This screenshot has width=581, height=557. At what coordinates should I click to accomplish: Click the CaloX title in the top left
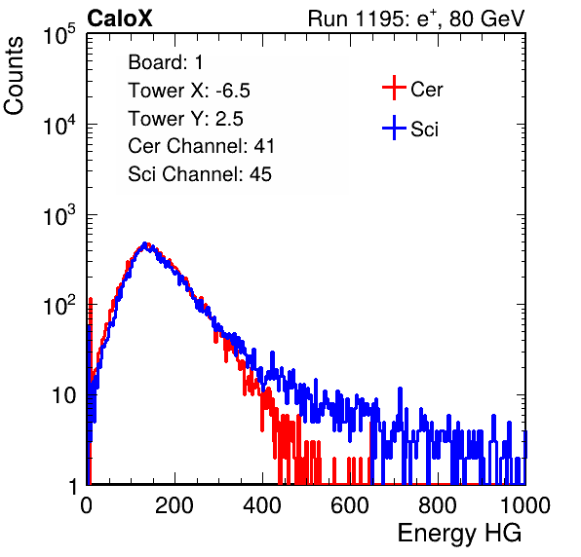(x=119, y=19)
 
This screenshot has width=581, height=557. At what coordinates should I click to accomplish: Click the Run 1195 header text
(x=416, y=19)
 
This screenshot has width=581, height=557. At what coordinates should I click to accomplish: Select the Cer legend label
(x=426, y=90)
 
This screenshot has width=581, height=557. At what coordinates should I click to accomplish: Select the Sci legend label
(x=425, y=130)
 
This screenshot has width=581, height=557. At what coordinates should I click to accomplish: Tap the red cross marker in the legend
(x=394, y=88)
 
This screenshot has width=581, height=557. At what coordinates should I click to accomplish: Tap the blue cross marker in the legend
(x=394, y=128)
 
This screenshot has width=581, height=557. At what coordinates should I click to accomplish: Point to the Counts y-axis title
(x=14, y=76)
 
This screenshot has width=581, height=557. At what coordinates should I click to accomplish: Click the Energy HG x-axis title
(x=459, y=534)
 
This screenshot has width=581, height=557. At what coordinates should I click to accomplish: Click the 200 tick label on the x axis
(x=174, y=505)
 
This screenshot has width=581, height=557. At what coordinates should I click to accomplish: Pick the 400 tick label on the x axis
(x=262, y=505)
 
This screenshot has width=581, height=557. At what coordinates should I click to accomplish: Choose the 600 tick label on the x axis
(x=350, y=505)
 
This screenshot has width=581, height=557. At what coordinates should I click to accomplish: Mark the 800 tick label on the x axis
(x=438, y=505)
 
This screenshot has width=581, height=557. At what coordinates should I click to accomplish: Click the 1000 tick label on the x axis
(x=525, y=505)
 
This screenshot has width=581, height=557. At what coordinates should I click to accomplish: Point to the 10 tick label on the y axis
(x=64, y=395)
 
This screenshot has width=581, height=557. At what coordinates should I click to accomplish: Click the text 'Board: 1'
(x=166, y=62)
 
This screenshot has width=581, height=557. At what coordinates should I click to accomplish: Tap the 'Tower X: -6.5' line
(x=189, y=91)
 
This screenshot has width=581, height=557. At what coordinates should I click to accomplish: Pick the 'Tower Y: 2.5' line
(x=185, y=119)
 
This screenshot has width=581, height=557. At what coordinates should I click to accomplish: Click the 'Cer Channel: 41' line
(x=201, y=146)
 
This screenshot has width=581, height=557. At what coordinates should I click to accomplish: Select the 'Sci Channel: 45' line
(x=200, y=174)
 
